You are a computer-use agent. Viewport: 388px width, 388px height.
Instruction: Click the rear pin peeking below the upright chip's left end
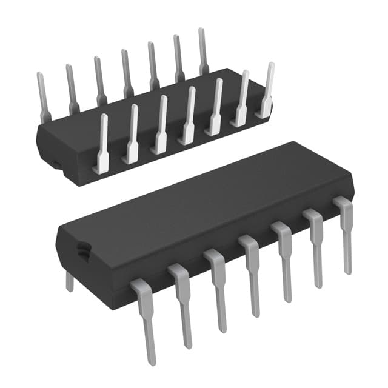(x=70, y=281)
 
